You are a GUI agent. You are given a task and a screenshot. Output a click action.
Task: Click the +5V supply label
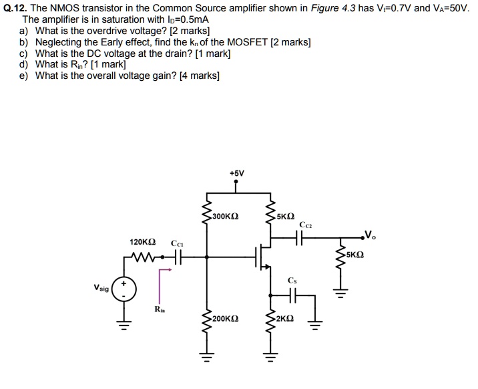[x=236, y=172]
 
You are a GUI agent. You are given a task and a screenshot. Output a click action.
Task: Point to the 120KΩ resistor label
[x=143, y=243]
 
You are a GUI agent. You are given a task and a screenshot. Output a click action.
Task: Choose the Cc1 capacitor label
[x=177, y=243]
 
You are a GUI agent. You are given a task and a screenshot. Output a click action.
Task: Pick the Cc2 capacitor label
[x=306, y=225]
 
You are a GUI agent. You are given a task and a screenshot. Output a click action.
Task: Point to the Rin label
[x=159, y=309]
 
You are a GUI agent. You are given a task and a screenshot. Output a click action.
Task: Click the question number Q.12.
[x=16, y=8]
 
